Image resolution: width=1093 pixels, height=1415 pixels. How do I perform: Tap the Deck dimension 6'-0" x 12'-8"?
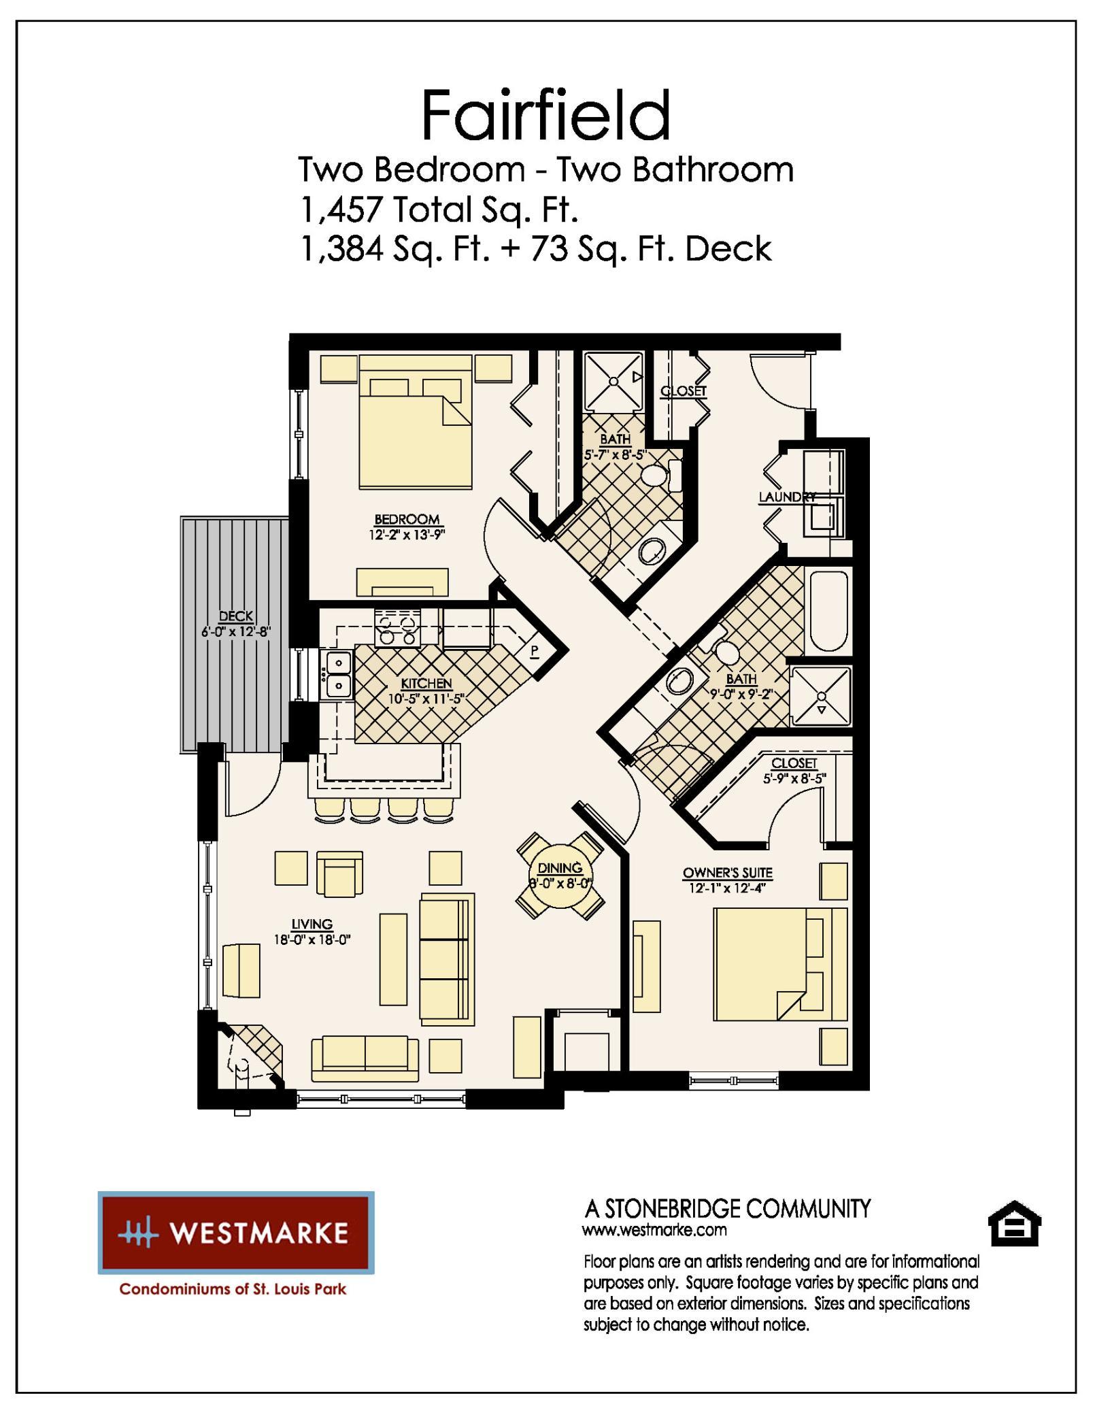(x=236, y=631)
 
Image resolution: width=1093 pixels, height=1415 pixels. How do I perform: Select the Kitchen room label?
(x=426, y=683)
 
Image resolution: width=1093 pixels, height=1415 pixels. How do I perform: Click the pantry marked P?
(x=535, y=651)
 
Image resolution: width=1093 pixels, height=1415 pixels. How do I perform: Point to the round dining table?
(x=560, y=876)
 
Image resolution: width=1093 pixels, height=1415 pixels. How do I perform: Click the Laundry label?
(x=787, y=497)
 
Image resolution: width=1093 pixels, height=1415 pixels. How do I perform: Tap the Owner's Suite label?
(x=728, y=873)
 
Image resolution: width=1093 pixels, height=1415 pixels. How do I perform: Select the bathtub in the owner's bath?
(x=827, y=611)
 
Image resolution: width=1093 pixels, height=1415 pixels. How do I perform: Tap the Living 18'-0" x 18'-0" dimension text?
(x=312, y=940)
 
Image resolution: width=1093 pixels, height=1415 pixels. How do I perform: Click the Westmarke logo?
(x=236, y=1233)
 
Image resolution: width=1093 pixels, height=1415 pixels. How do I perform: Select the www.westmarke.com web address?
(x=654, y=1230)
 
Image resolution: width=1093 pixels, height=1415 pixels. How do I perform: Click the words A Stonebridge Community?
(x=727, y=1209)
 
